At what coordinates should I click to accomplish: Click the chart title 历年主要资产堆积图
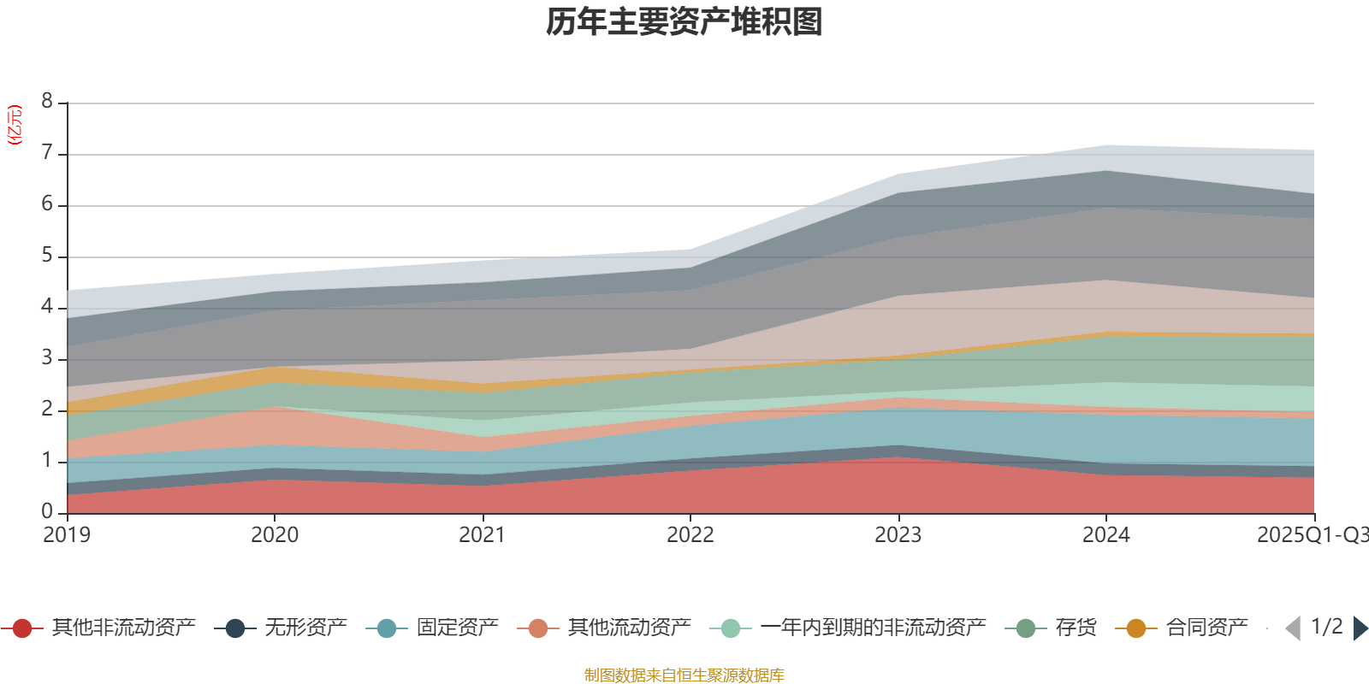coord(684,22)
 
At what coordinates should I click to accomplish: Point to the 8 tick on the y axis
coord(47,102)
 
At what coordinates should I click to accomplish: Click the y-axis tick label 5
coord(47,256)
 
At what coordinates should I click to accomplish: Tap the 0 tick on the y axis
coord(47,511)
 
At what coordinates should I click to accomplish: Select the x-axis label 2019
coord(67,535)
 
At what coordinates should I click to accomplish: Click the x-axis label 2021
coord(483,535)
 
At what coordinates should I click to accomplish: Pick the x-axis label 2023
coord(898,535)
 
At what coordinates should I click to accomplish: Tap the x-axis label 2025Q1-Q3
coord(1311,535)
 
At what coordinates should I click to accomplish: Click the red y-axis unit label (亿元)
coord(15,125)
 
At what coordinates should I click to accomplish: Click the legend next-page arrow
coord(1360,628)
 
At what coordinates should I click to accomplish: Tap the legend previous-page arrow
coord(1293,628)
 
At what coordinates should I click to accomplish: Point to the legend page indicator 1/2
coord(1326,627)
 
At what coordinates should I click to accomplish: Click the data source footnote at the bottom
coord(684,675)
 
